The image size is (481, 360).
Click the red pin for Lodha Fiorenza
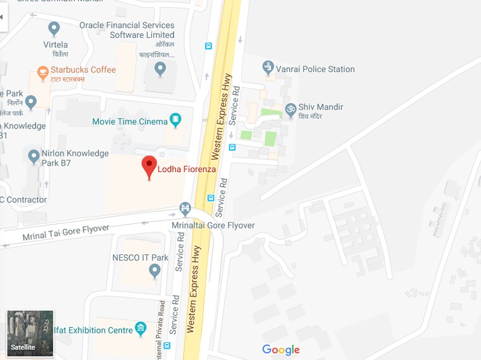point(149,166)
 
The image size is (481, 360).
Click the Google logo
point(281,350)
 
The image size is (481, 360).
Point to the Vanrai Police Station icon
point(268,67)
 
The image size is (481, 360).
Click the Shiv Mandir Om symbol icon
point(290,109)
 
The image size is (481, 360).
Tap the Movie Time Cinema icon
point(175,120)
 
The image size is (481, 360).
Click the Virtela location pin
point(54,29)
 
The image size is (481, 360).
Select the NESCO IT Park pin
point(154,271)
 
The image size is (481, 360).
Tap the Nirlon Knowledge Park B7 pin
point(34,156)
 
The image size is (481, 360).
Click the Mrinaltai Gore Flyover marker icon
point(185,208)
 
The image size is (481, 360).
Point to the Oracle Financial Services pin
point(160,68)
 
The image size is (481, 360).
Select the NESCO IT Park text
point(141,258)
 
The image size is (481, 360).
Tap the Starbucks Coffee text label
point(84,70)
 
